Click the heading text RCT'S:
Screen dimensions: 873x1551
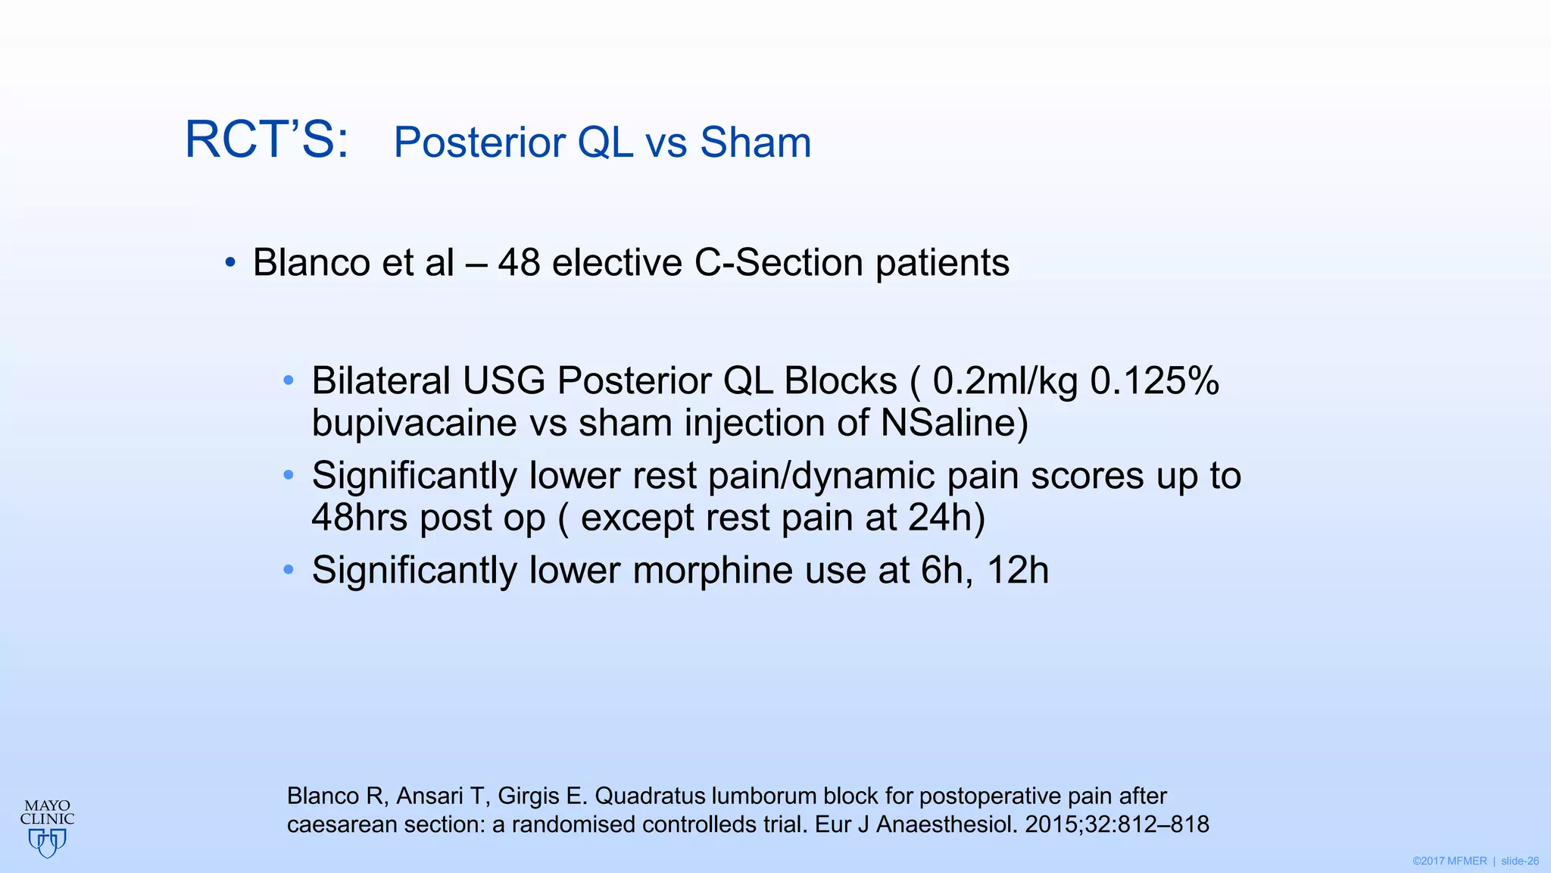coord(267,140)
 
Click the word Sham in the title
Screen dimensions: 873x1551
coord(755,142)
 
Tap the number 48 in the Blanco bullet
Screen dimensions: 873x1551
coord(519,263)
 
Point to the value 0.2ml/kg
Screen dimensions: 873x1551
coord(1004,381)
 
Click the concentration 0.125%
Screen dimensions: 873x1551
coord(1154,380)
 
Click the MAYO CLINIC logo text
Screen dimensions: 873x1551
coord(47,812)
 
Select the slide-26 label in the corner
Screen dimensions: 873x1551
coord(1519,862)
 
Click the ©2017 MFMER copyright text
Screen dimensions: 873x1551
coord(1449,862)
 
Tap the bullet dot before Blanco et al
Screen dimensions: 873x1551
coord(230,263)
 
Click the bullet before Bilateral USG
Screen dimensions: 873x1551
coord(288,380)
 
